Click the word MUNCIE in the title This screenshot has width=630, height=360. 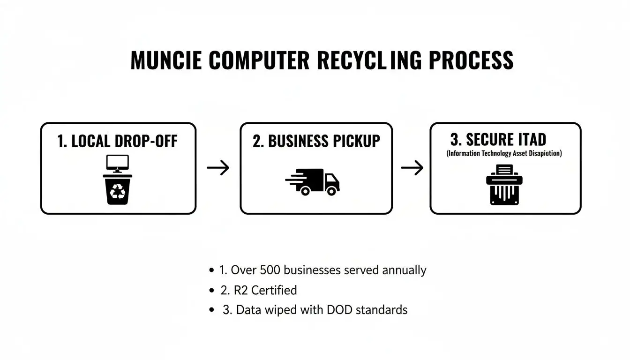(166, 61)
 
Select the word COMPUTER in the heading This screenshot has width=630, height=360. (259, 61)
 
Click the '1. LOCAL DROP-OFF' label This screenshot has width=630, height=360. (117, 141)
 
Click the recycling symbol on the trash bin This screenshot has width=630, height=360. (118, 191)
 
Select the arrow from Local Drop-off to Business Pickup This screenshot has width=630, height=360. (218, 168)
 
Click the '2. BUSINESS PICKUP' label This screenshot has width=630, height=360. (316, 141)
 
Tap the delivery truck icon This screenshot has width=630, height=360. (313, 181)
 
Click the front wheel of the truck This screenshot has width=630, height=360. (331, 191)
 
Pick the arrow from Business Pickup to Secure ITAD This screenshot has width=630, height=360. (412, 168)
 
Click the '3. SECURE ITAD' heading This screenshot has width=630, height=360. (498, 140)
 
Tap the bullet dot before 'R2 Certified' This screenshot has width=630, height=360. (211, 291)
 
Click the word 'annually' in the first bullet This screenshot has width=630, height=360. (404, 270)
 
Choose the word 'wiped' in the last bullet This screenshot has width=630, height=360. (281, 310)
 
